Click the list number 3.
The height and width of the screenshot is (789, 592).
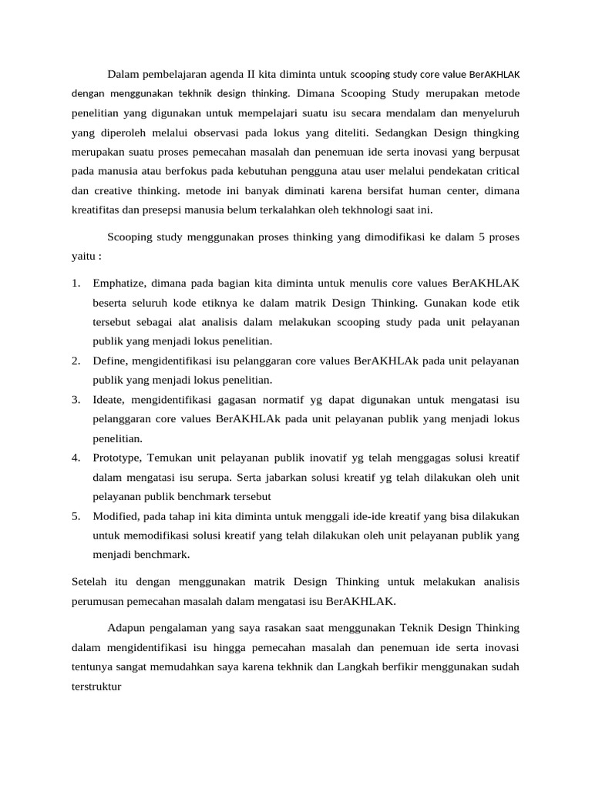tap(76, 400)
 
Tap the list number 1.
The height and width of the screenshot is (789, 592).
tap(76, 284)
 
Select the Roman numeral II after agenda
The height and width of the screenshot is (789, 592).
tap(252, 75)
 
